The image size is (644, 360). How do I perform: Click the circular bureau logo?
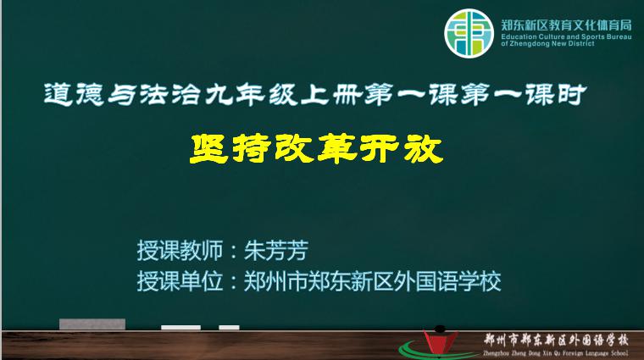pyautogui.click(x=469, y=33)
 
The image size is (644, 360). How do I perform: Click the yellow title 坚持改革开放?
pyautogui.click(x=316, y=148)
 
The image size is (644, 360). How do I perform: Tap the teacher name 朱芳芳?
pyautogui.click(x=276, y=251)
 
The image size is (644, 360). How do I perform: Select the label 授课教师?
pyautogui.click(x=180, y=251)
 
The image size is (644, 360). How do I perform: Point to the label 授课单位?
pyautogui.click(x=180, y=281)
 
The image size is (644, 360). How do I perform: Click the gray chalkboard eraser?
pyautogui.click(x=92, y=324)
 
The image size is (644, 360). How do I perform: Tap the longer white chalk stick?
pyautogui.click(x=180, y=328)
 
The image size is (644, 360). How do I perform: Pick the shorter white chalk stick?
pyautogui.click(x=229, y=328)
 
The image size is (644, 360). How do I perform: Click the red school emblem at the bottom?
pyautogui.click(x=440, y=343)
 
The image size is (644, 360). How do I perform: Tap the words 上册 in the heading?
pyautogui.click(x=332, y=95)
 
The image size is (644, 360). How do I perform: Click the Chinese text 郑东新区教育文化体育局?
pyautogui.click(x=566, y=25)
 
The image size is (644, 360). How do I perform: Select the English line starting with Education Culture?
pyautogui.click(x=566, y=37)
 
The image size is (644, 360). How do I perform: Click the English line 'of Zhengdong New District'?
pyautogui.click(x=547, y=43)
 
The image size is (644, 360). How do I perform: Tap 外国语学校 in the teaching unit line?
pyautogui.click(x=447, y=281)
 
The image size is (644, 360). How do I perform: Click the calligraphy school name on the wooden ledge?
pyautogui.click(x=556, y=341)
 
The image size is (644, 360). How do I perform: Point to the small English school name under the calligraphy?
pyautogui.click(x=556, y=353)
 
